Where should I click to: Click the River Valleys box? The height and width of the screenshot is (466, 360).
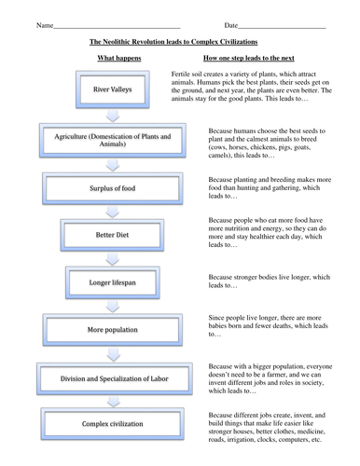[x=113, y=90]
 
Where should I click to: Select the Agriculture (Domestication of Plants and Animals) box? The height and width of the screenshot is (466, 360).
[x=113, y=142]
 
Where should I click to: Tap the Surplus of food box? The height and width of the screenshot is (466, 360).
[x=113, y=189]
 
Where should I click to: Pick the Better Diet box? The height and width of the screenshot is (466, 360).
[x=113, y=235]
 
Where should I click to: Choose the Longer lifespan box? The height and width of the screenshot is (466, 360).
[x=113, y=281]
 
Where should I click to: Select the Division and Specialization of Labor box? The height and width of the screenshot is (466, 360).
[x=113, y=377]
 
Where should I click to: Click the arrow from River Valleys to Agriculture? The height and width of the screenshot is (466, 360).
[x=113, y=116]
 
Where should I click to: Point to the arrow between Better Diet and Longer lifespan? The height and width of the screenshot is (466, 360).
[x=113, y=258]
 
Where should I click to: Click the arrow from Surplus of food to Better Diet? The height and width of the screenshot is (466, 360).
[x=113, y=212]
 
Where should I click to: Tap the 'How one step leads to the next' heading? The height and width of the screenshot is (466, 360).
[x=247, y=58]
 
